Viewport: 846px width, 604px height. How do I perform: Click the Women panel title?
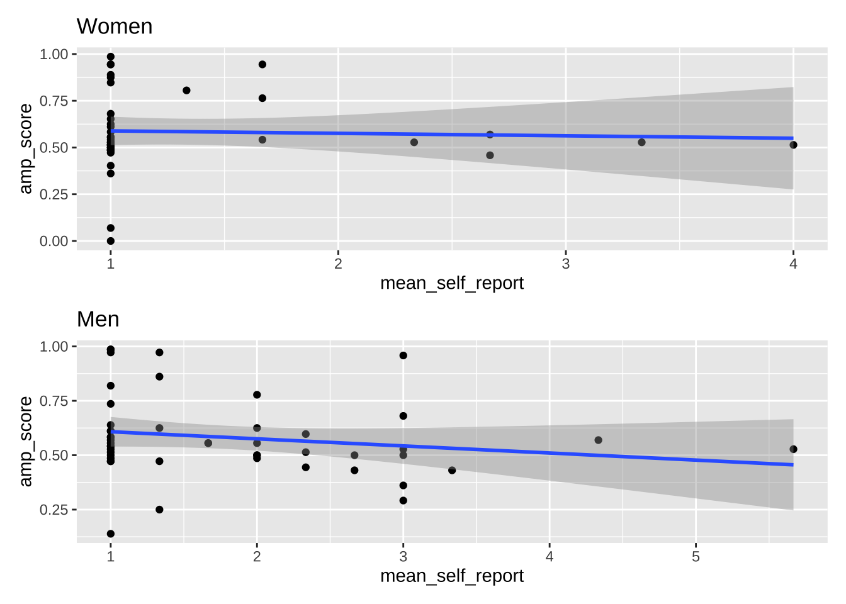(x=114, y=26)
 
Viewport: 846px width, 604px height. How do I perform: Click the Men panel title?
(x=98, y=319)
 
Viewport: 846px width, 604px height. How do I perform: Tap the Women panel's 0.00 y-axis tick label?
(x=54, y=241)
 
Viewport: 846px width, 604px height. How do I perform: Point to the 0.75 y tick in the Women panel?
(x=54, y=101)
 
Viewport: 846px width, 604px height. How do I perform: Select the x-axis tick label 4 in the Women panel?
(x=793, y=264)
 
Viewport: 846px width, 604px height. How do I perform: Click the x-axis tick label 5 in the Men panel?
(x=696, y=557)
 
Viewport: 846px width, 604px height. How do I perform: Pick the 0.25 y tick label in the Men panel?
(x=54, y=510)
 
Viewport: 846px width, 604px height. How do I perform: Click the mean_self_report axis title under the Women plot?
(x=451, y=283)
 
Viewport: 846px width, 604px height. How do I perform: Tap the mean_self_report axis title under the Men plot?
(x=451, y=576)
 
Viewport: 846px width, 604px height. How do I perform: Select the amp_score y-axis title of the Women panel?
(x=25, y=148)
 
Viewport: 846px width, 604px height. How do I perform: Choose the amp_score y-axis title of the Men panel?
(x=25, y=442)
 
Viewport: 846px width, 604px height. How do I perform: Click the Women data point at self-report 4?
(x=793, y=145)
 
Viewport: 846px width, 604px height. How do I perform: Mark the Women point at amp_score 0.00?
(x=111, y=241)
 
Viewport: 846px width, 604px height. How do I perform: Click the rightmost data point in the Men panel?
(x=793, y=449)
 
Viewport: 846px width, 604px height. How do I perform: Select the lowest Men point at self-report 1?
(x=111, y=534)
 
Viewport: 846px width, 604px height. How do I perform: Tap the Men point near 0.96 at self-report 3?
(x=403, y=355)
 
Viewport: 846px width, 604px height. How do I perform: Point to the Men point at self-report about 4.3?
(x=598, y=440)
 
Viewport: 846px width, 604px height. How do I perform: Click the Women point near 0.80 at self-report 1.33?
(x=186, y=91)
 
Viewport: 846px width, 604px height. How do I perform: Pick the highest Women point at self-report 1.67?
(x=262, y=64)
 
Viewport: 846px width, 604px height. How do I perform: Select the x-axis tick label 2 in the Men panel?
(x=257, y=557)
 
